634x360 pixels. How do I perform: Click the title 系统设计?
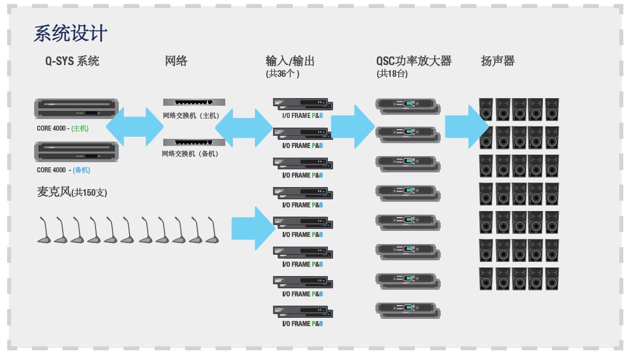point(70,34)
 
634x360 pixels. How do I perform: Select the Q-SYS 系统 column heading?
point(72,62)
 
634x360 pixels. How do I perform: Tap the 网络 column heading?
point(176,62)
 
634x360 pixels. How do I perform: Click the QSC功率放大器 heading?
point(414,62)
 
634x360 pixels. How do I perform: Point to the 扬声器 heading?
point(498,62)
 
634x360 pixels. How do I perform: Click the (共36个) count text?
point(283,74)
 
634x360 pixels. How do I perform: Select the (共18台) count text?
point(392,74)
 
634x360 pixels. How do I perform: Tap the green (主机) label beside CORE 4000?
point(80,129)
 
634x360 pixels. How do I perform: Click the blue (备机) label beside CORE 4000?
point(80,170)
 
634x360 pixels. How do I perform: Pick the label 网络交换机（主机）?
point(191,116)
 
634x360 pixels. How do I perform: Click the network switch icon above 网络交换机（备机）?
point(194,142)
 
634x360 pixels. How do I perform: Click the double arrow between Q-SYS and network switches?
point(134,127)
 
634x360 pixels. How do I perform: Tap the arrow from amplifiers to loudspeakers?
point(466,126)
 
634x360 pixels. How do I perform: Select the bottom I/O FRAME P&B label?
point(303,323)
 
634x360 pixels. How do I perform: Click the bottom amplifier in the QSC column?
point(408,310)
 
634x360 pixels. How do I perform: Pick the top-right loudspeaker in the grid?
point(552,109)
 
